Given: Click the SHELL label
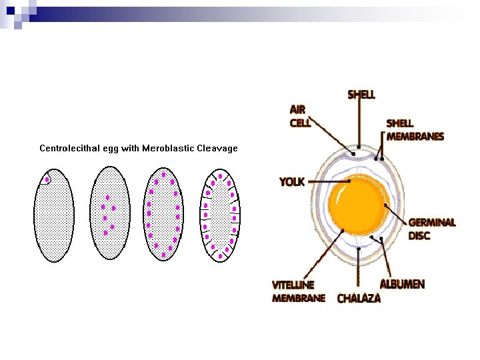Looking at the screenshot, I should pos(361,95).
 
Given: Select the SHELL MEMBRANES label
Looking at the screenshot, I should pos(415,130).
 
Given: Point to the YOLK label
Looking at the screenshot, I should pos(292,181).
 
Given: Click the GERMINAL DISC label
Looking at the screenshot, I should pos(431,229).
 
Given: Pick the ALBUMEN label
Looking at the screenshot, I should pos(402,285).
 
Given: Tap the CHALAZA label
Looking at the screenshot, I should pos(359,299).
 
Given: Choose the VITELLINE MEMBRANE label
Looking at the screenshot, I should pos(298,291).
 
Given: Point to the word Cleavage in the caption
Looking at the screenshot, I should pos(217,148).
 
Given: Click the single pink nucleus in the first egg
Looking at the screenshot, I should pos(47,179).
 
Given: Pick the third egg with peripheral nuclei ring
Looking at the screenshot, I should pos(163,213).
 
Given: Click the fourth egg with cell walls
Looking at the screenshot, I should pos(219,213).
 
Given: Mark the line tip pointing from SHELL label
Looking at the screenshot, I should pos(359,146).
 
